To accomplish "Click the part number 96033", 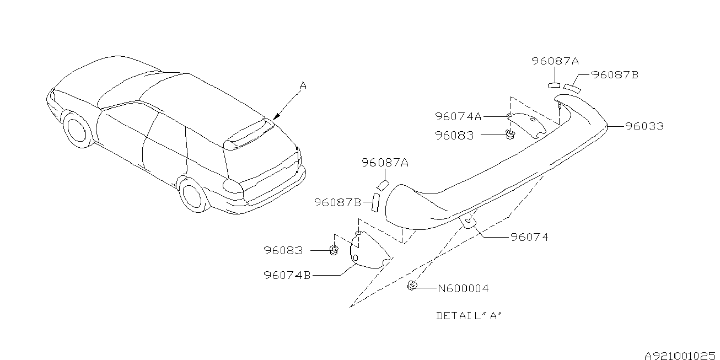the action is (644, 126).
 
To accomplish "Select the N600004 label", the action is (463, 288).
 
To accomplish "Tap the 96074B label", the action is (287, 275).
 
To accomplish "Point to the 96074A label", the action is (458, 116).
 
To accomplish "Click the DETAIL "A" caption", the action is (469, 316).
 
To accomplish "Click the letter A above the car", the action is (303, 85).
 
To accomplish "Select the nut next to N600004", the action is (412, 285).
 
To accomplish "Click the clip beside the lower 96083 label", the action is (334, 250).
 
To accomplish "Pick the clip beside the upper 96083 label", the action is (510, 135).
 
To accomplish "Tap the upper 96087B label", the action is (615, 75).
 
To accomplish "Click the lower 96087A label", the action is (385, 163).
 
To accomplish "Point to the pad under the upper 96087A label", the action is (554, 85).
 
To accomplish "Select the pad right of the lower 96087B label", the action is (375, 202).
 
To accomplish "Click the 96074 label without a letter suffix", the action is (529, 237).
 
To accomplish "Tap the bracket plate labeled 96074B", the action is (370, 250).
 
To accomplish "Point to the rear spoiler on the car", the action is (249, 135).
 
